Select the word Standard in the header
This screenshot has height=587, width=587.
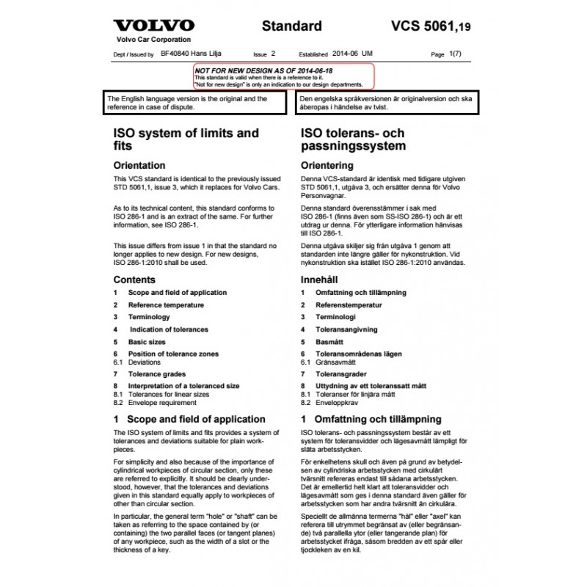tap(291, 26)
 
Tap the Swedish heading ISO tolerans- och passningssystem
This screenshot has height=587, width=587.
tap(352, 139)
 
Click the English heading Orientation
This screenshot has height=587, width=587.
tap(139, 165)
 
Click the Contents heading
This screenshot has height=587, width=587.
tap(134, 280)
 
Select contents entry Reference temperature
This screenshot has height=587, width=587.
tap(166, 305)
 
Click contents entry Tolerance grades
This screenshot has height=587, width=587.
tap(157, 374)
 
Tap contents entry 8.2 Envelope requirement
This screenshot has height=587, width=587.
tap(161, 403)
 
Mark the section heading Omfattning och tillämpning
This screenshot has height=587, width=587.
tap(378, 420)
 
